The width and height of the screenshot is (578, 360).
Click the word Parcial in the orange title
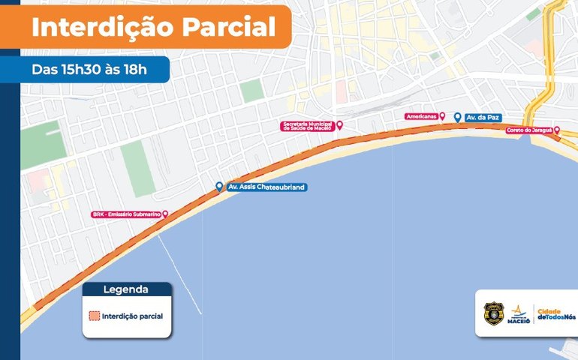227,27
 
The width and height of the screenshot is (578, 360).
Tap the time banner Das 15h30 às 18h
89,69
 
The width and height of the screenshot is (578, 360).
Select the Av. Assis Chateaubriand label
266,187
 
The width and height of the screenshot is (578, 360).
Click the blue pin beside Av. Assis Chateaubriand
219,186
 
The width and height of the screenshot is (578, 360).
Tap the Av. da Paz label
482,118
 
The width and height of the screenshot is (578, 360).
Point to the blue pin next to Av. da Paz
458,117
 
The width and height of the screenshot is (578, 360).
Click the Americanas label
421,116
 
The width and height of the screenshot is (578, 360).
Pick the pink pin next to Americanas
442,116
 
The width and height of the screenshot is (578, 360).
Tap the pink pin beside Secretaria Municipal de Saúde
339,125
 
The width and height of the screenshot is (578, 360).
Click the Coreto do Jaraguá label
528,130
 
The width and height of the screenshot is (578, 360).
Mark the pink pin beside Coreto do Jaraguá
556,130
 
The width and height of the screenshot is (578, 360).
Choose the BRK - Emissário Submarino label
125,214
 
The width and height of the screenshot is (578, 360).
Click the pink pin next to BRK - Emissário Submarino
165,214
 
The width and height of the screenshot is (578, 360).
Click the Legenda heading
126,289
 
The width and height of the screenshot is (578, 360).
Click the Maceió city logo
519,313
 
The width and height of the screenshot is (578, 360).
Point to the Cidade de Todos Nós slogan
555,313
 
